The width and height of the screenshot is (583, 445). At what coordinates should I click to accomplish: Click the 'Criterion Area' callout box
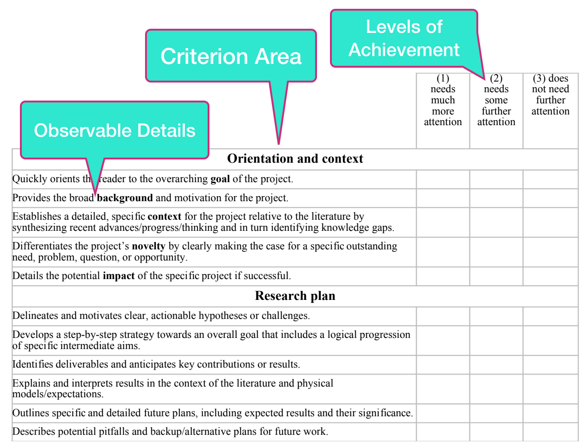pos(231,56)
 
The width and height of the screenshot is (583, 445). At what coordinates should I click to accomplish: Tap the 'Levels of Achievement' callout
pos(404,38)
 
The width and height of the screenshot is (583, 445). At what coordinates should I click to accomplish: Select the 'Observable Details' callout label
pos(114,130)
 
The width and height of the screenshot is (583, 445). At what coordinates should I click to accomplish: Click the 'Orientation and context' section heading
pos(295,159)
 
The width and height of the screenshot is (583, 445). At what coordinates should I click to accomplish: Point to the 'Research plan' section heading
pos(295,296)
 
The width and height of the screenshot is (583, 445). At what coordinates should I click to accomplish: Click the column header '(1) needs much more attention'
pos(443,100)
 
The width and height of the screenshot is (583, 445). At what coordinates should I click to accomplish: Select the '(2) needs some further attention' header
pos(496,100)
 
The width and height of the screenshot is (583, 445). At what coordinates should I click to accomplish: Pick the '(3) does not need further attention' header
pos(551,95)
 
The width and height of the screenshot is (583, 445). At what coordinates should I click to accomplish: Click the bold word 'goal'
pos(220,179)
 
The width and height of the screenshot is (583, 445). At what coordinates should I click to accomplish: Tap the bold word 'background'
pos(125,198)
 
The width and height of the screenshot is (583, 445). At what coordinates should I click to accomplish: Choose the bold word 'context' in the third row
pos(165,216)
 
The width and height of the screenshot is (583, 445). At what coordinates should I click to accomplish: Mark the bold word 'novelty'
pos(149,246)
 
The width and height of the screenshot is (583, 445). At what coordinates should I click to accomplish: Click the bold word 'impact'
pos(119,276)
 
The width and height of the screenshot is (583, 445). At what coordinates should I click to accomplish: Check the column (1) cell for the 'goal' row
pos(443,179)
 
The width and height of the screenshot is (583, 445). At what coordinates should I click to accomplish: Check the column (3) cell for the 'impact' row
pos(551,276)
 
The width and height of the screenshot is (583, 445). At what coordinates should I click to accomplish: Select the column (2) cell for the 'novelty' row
pos(496,252)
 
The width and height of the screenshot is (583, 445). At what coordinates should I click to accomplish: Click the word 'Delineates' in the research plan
pos(35,316)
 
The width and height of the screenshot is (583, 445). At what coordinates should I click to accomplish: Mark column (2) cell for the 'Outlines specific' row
pos(496,413)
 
